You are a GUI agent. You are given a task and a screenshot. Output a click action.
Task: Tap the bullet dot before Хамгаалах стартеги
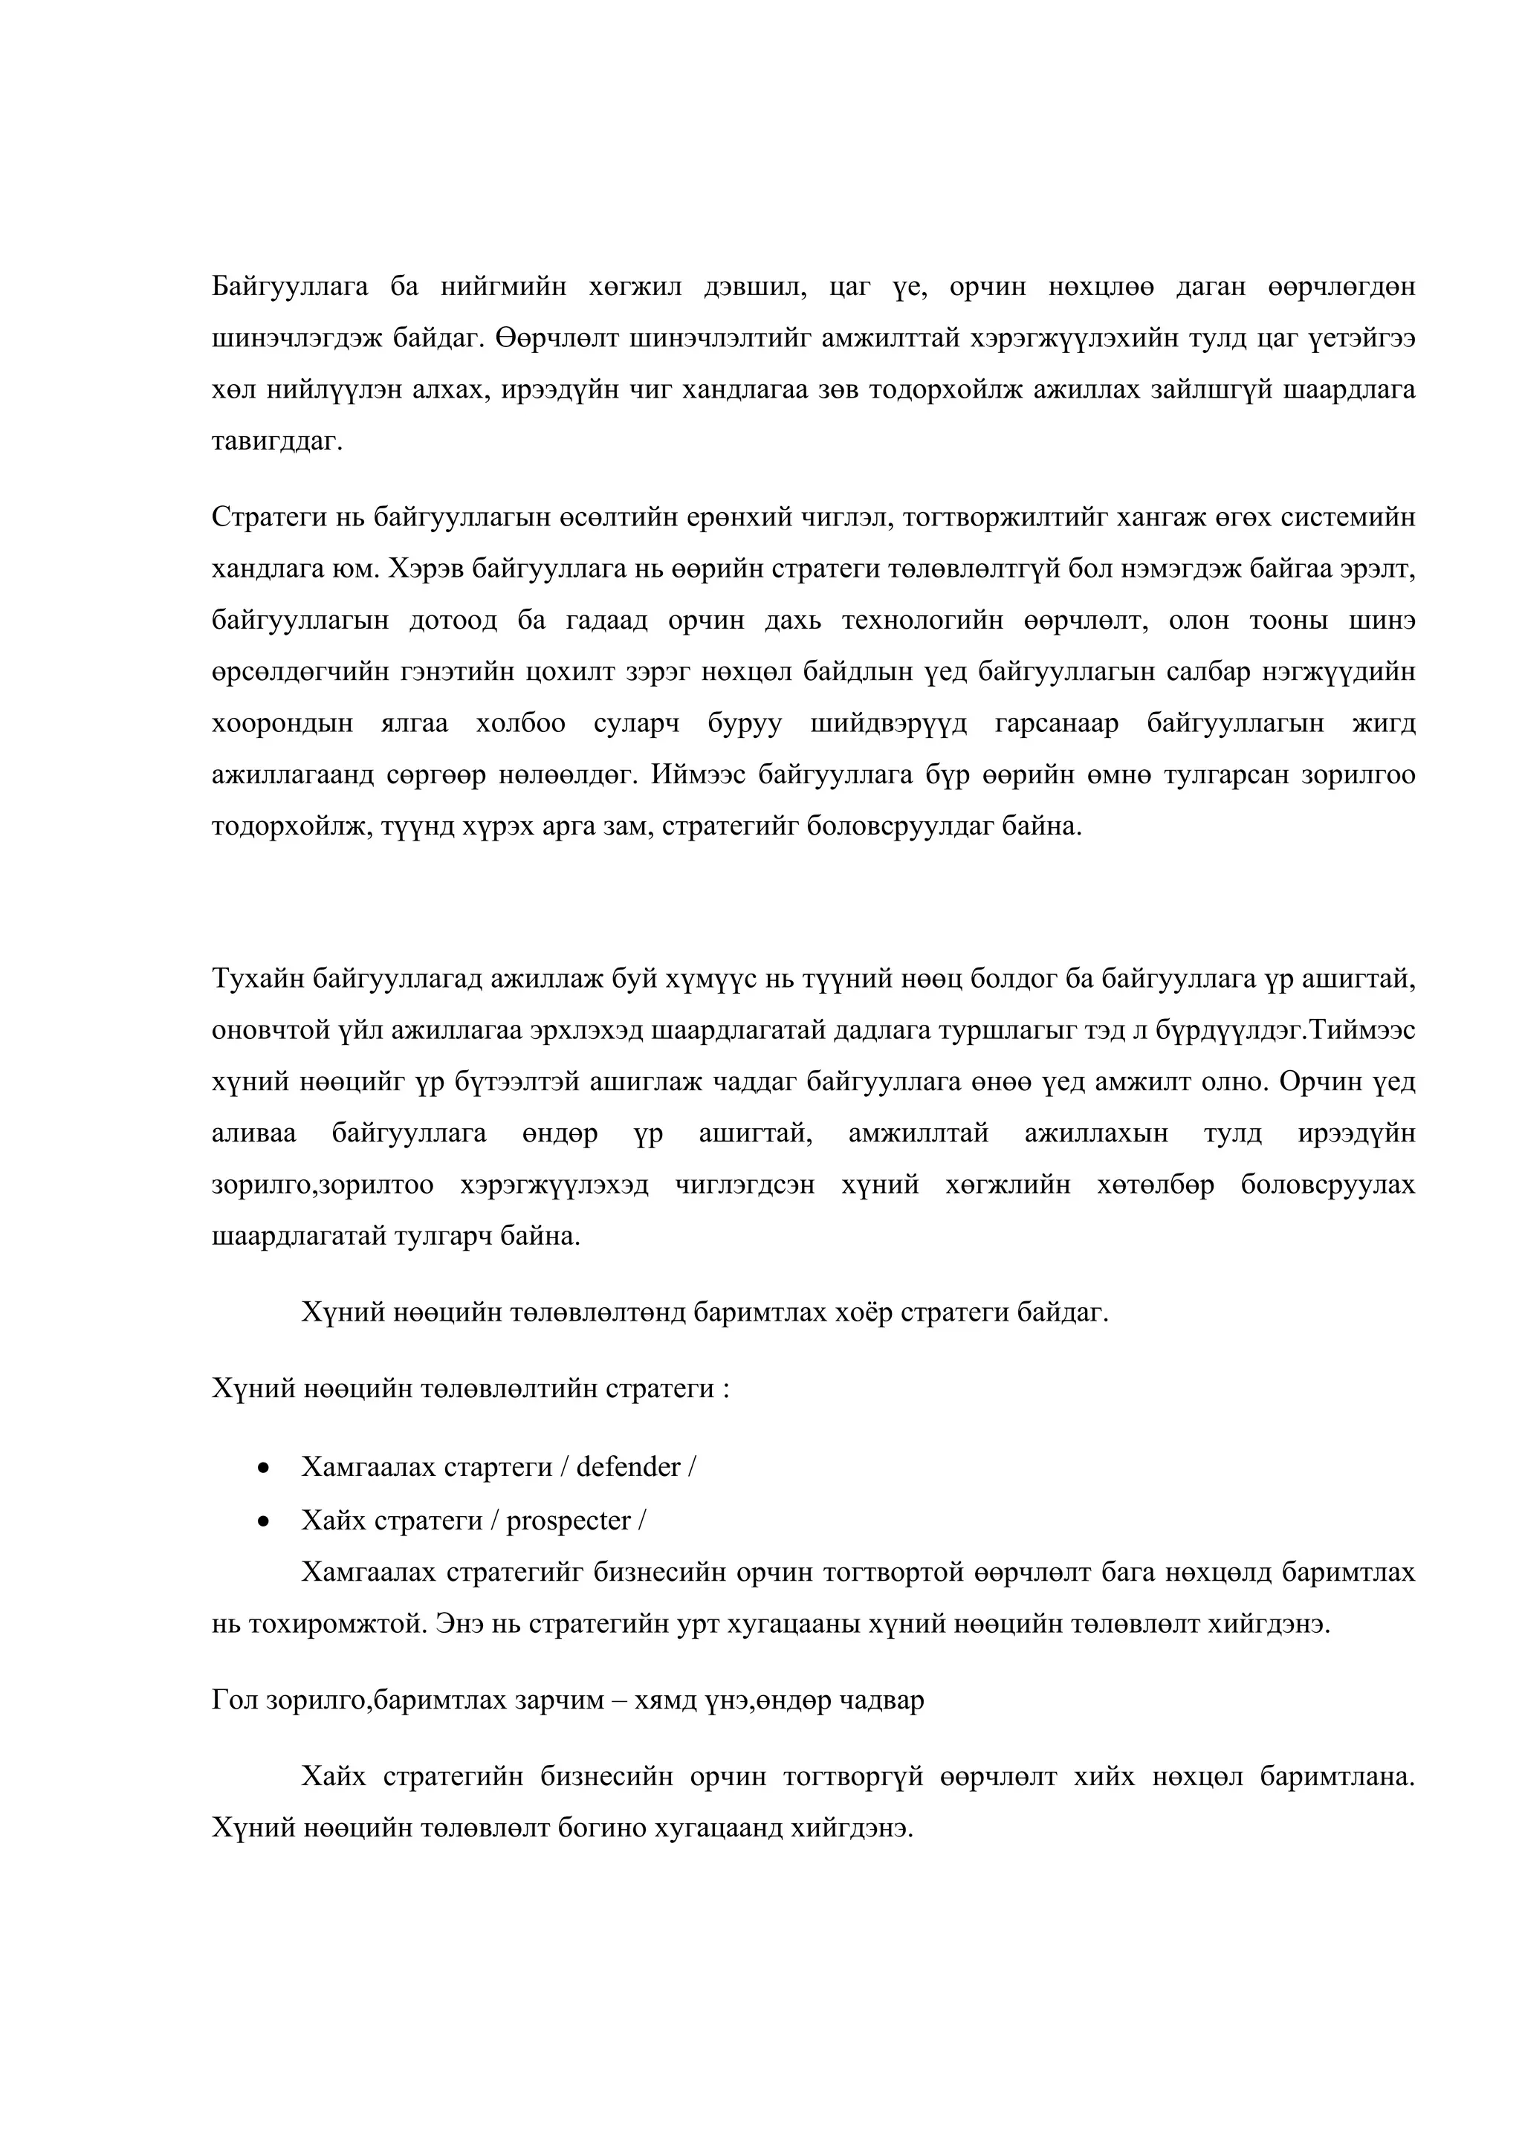coord(264,1469)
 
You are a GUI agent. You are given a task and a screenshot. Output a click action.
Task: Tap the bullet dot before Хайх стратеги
coord(264,1521)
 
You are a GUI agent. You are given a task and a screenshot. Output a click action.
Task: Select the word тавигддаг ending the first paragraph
coord(278,441)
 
